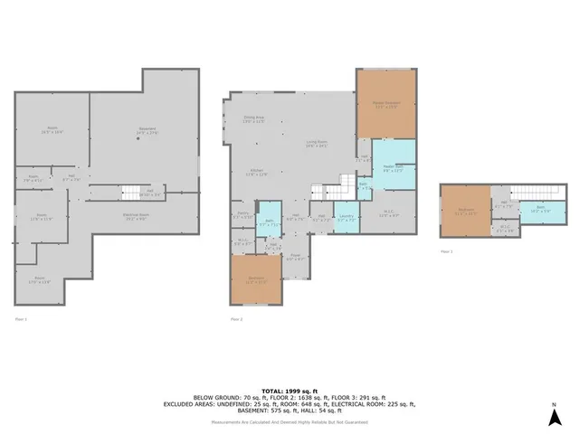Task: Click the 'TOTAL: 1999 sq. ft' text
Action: (289, 388)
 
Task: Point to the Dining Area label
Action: (254, 119)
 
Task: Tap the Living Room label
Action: (315, 143)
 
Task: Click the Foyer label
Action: (295, 257)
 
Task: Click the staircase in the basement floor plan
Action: (133, 192)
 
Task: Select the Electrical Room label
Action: (136, 217)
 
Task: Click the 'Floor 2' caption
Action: (236, 319)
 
